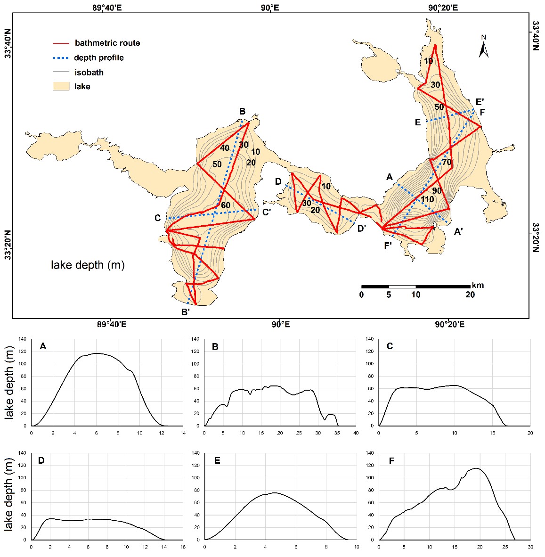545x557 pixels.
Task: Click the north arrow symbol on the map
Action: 483,47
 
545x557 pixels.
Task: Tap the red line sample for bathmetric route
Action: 61,43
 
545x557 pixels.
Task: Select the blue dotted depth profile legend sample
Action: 61,58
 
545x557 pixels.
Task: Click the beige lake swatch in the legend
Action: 61,87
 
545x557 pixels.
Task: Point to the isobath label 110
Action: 427,199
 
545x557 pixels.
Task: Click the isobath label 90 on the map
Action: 437,191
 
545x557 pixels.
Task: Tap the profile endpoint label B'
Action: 186,311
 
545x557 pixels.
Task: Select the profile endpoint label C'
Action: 267,213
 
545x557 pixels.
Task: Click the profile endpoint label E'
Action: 480,102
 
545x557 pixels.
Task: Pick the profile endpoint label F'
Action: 388,245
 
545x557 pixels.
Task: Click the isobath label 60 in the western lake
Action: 226,205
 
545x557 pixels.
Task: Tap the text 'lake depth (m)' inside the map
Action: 88,265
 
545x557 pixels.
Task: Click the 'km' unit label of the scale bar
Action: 478,285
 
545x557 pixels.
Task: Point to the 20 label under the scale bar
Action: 470,295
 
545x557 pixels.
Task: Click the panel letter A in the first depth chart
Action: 43,346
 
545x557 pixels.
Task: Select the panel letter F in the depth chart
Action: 391,461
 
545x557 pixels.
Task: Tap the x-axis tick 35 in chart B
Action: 337,433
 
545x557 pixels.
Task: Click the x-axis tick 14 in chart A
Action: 183,433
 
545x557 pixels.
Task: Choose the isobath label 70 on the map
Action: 447,163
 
